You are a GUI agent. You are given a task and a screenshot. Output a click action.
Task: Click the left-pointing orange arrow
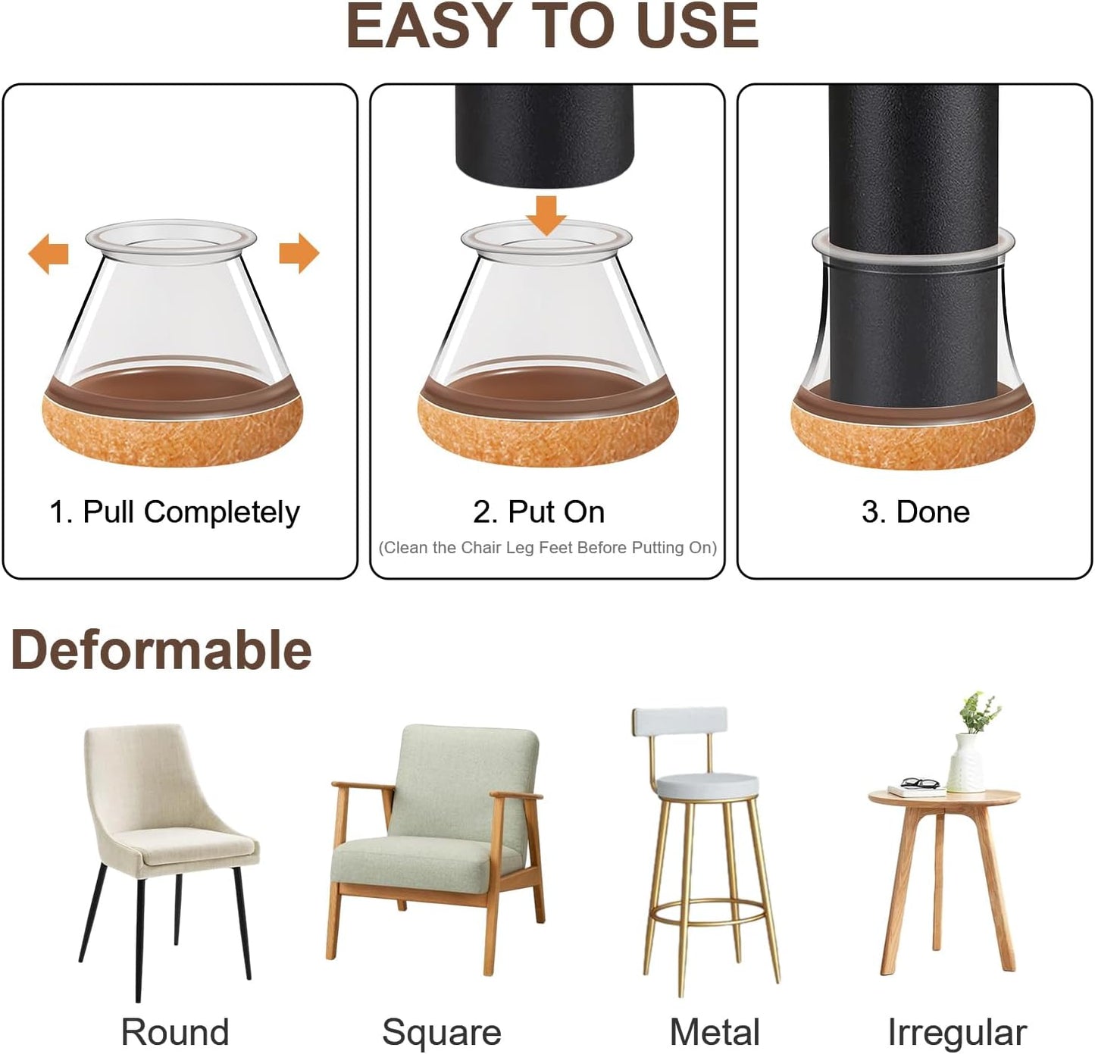pyautogui.click(x=48, y=254)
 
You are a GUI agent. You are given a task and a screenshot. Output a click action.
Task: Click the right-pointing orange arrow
pyautogui.click(x=299, y=253)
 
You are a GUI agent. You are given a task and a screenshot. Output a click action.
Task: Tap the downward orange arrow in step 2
pyautogui.click(x=546, y=215)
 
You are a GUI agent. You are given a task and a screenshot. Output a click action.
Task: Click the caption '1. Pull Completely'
pyautogui.click(x=174, y=512)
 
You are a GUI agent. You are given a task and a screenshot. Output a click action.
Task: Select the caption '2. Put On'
pyautogui.click(x=539, y=512)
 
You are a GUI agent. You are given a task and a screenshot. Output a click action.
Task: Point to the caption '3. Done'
pyautogui.click(x=915, y=512)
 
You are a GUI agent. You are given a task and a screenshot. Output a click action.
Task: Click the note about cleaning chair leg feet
pyautogui.click(x=547, y=548)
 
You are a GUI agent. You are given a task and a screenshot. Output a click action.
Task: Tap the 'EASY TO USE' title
pyautogui.click(x=552, y=27)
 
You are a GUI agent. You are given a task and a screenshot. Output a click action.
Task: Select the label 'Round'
pyautogui.click(x=174, y=1032)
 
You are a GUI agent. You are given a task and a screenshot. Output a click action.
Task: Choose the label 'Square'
pyautogui.click(x=441, y=1032)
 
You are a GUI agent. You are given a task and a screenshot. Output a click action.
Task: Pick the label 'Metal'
pyautogui.click(x=714, y=1032)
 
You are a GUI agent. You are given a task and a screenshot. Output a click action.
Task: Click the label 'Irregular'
pyautogui.click(x=956, y=1032)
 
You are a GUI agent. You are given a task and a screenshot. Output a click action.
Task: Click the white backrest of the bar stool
pyautogui.click(x=680, y=721)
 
